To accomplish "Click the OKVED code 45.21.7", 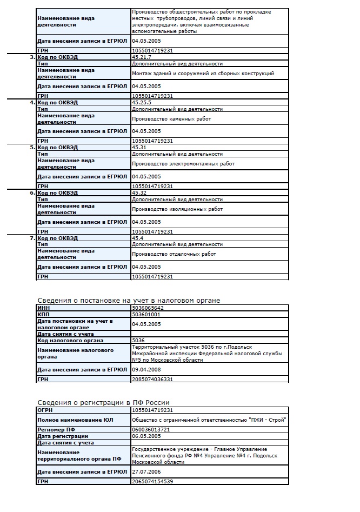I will (x=142, y=57).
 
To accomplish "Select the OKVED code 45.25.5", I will (x=142, y=102).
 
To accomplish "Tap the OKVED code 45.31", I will (x=139, y=147).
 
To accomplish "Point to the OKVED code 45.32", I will (x=139, y=192).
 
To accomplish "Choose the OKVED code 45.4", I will (x=137, y=238).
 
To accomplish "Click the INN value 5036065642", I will (x=148, y=308).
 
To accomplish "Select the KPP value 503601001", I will (x=146, y=314).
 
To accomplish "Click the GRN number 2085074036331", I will (x=152, y=380).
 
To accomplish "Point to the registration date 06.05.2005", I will (x=146, y=436).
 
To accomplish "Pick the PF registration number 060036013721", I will (x=151, y=429).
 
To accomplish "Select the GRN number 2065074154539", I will (x=152, y=481).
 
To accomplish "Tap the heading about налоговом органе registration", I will (x=129, y=300).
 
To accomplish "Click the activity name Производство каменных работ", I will (x=171, y=118).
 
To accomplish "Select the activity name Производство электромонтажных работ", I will (x=183, y=163).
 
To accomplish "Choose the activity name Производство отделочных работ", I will (x=174, y=254).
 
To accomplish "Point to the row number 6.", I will (x=32, y=192).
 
